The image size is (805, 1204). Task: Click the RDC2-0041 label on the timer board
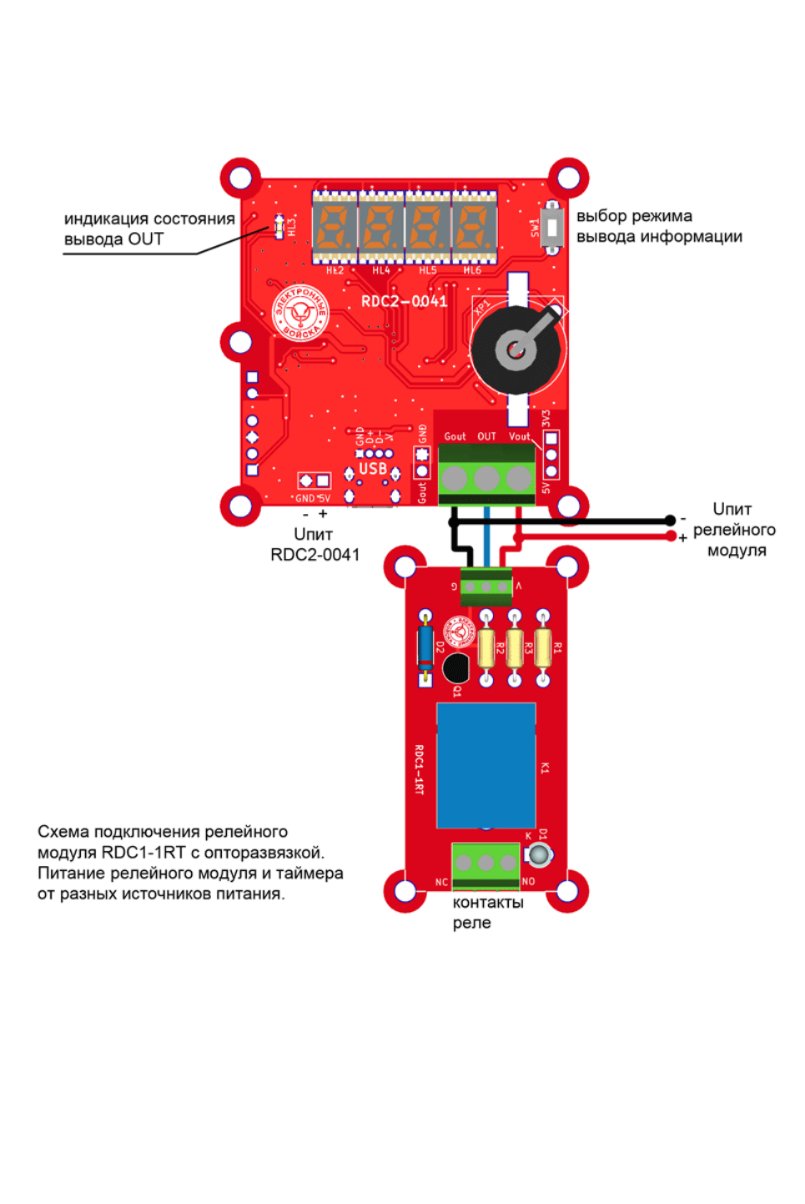point(404,300)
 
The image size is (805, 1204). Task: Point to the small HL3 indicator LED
point(279,225)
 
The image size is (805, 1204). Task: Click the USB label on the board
point(372,469)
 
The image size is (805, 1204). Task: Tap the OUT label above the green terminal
point(486,436)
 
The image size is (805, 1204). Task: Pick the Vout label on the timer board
point(519,436)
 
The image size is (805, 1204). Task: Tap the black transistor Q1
point(455,667)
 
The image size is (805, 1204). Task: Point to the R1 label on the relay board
point(558,647)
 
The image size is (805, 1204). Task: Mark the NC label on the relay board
point(441,882)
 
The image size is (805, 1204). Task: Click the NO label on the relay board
point(528,881)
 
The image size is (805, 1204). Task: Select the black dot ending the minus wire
point(670,521)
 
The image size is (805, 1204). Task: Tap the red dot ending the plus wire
point(670,537)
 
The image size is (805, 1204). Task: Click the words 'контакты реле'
point(487,912)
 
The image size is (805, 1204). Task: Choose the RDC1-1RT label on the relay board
point(419,769)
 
